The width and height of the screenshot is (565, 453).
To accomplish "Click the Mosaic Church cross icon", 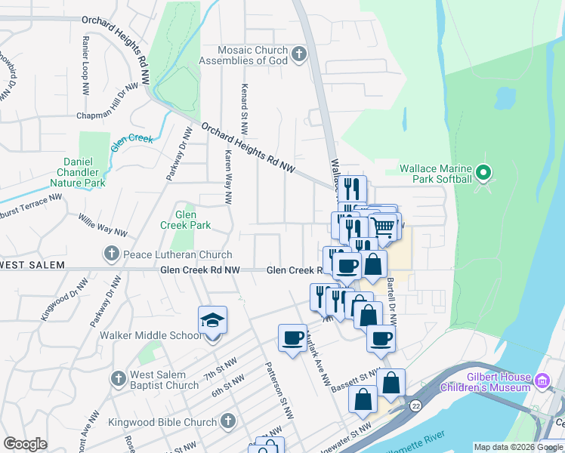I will tap(299, 54).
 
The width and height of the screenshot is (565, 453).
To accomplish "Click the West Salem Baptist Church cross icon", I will tap(117, 378).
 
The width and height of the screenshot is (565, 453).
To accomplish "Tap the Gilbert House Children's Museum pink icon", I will tap(542, 381).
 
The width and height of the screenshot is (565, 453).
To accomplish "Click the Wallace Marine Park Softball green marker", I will tap(484, 173).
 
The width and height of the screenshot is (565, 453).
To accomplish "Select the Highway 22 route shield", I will tap(415, 406).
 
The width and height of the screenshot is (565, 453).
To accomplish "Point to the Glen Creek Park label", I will tap(185, 220).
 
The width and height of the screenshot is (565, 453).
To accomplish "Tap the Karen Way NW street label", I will tap(227, 176).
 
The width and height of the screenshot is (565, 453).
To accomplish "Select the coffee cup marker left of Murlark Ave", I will tap(292, 338).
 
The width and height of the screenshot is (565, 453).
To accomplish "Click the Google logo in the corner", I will tap(26, 444).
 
